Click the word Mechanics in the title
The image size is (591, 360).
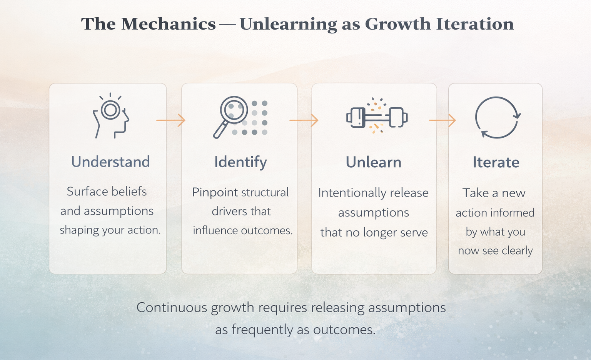[169, 24]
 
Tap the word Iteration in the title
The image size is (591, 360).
[475, 24]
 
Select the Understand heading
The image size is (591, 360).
[110, 162]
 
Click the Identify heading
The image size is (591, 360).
[240, 162]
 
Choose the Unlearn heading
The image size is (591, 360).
[373, 162]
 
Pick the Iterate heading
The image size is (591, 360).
[496, 162]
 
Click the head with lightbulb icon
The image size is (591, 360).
[111, 116]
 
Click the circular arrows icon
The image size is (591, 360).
[497, 117]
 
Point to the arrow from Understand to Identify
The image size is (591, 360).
[170, 120]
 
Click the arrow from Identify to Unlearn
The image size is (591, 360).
[304, 120]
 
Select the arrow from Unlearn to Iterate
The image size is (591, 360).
[442, 120]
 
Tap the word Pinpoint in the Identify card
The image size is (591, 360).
[215, 192]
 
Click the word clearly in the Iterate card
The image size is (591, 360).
[517, 251]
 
